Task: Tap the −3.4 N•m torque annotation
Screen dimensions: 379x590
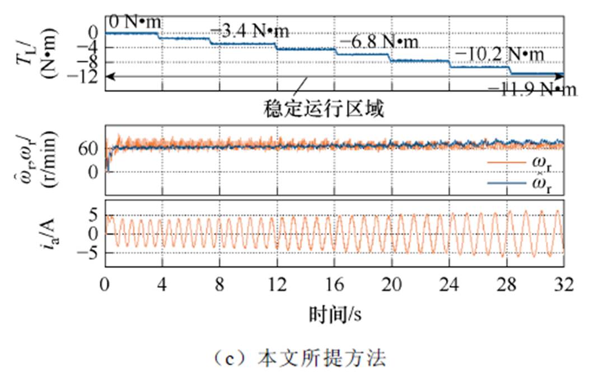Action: (250, 31)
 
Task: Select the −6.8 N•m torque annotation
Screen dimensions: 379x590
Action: (378, 41)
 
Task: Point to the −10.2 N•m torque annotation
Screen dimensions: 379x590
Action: (499, 54)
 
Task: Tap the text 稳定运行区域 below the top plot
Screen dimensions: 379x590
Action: (324, 108)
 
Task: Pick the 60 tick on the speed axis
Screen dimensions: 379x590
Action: (90, 148)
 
